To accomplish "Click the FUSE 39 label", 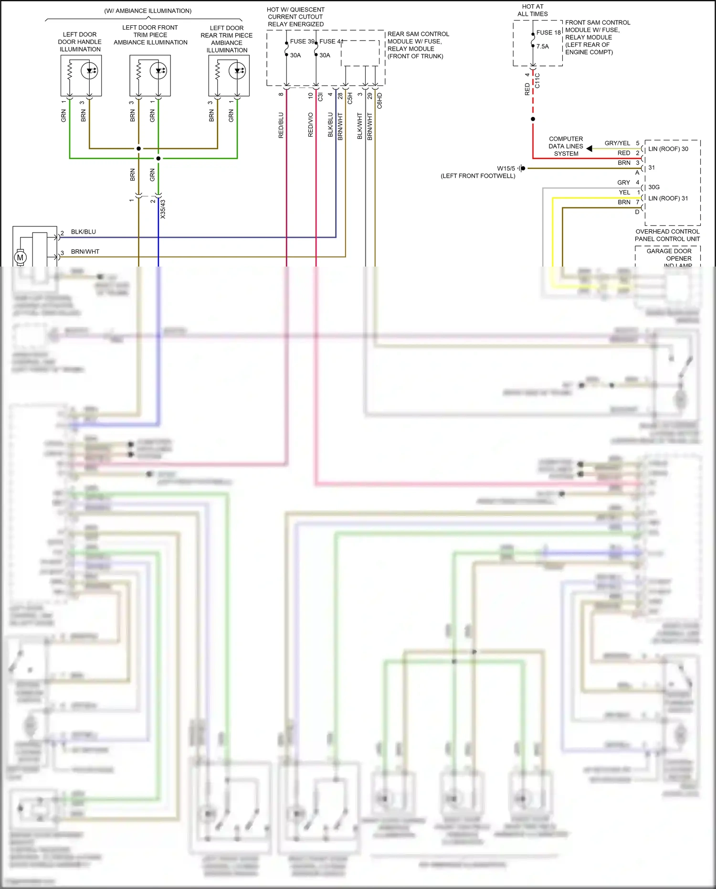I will tap(302, 42).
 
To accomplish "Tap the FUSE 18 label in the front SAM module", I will tap(548, 32).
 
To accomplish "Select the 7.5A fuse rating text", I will tap(543, 46).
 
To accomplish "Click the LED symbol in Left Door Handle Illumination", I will tap(89, 71).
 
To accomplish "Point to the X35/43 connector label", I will tap(163, 209).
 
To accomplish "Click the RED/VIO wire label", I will tap(311, 125).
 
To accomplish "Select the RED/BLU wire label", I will tap(281, 125).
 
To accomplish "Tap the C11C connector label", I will tap(537, 80).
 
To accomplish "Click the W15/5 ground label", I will tap(506, 169).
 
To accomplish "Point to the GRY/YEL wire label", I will tap(617, 143).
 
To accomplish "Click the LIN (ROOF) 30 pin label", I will tap(668, 149).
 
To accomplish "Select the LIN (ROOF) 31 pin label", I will tap(668, 198).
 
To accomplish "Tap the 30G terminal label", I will tap(654, 187).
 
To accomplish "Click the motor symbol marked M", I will tap(20, 257).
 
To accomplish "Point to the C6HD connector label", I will tap(380, 101).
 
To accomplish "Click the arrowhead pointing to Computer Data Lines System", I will tap(590, 149).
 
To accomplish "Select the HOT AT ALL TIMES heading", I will tap(533, 10).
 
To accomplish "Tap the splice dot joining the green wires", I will tap(158, 158).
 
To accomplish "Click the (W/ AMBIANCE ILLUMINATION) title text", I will tap(148, 11).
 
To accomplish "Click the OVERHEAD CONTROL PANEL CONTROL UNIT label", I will tap(667, 235).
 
